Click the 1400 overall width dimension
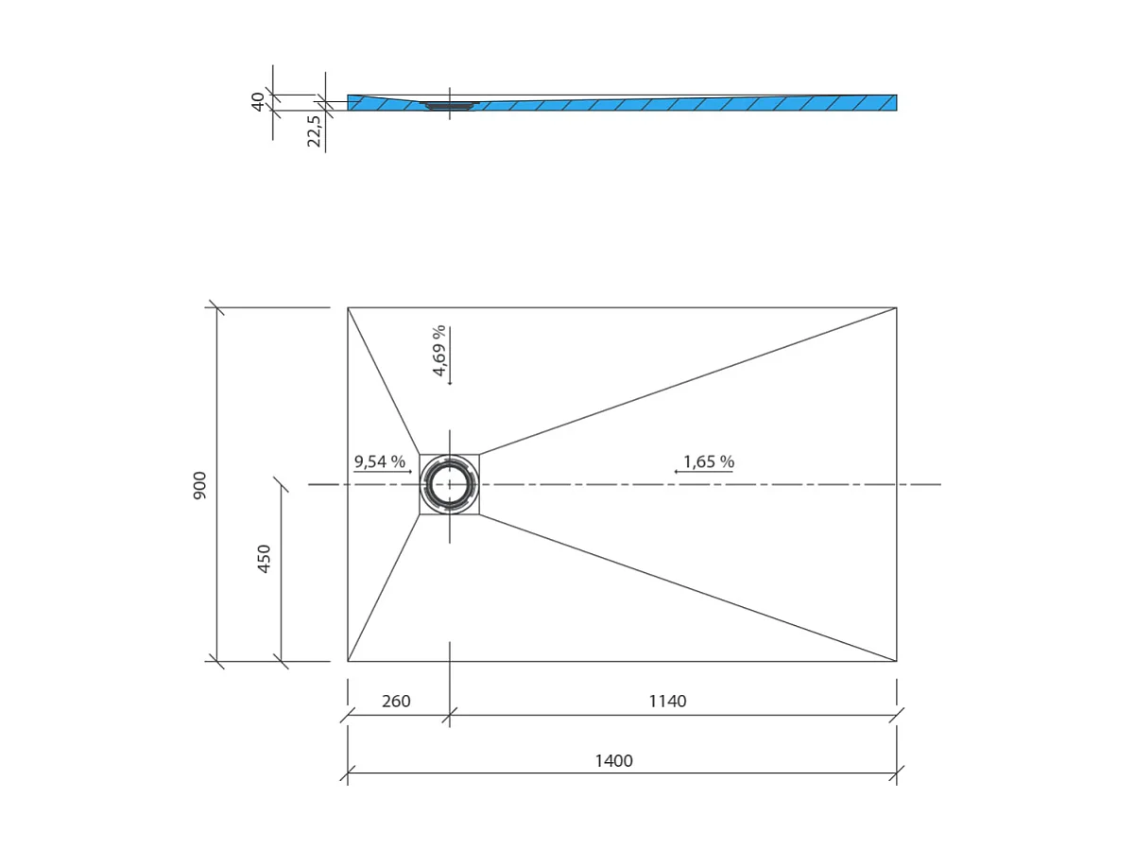click(614, 760)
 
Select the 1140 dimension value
click(667, 701)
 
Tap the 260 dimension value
click(396, 701)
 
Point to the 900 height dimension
click(199, 485)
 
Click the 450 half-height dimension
click(265, 558)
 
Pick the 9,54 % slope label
click(380, 461)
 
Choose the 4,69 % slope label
click(439, 351)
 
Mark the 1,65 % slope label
click(709, 461)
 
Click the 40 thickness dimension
click(258, 101)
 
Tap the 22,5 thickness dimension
click(315, 130)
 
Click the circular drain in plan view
click(450, 484)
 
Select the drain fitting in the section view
click(451, 106)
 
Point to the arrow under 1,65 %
click(703, 471)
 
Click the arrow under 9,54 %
click(383, 471)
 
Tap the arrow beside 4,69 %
click(450, 356)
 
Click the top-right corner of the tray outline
click(896, 307)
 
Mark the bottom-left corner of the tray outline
click(348, 661)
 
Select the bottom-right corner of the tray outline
click(896, 661)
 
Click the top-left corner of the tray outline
click(348, 307)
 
